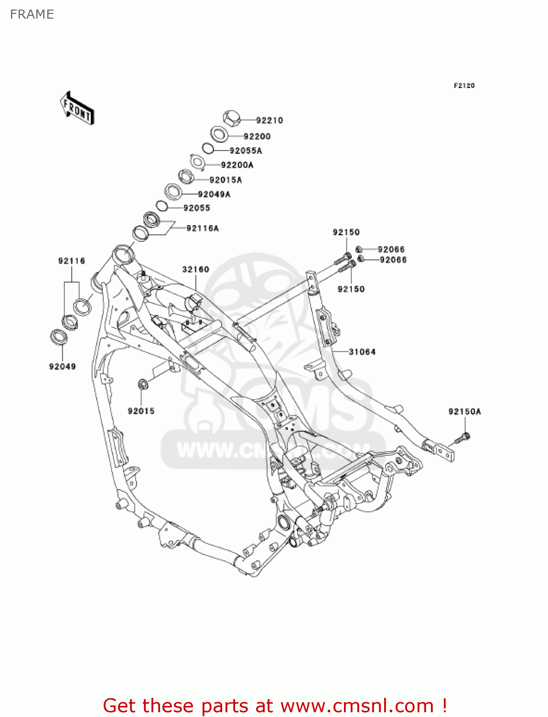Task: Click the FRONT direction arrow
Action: pyautogui.click(x=76, y=109)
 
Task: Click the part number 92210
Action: pyautogui.click(x=269, y=120)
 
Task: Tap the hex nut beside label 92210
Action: pyautogui.click(x=232, y=118)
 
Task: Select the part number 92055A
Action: pyautogui.click(x=246, y=151)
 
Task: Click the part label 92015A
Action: pyautogui.click(x=226, y=180)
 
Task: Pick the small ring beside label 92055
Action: pyautogui.click(x=162, y=206)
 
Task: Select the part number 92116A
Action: pyautogui.click(x=203, y=228)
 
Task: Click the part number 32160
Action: pyautogui.click(x=195, y=269)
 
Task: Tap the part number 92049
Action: pyautogui.click(x=62, y=367)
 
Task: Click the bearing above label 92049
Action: pyautogui.click(x=59, y=337)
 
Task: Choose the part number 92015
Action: pyautogui.click(x=141, y=411)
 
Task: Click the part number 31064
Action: pyautogui.click(x=362, y=352)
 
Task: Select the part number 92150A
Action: pyautogui.click(x=464, y=412)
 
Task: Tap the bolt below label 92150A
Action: pyautogui.click(x=462, y=437)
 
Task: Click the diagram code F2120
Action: pyautogui.click(x=464, y=86)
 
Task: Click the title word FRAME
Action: pyautogui.click(x=32, y=14)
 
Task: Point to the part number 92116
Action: pyautogui.click(x=72, y=261)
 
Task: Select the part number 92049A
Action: pyautogui.click(x=214, y=194)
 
